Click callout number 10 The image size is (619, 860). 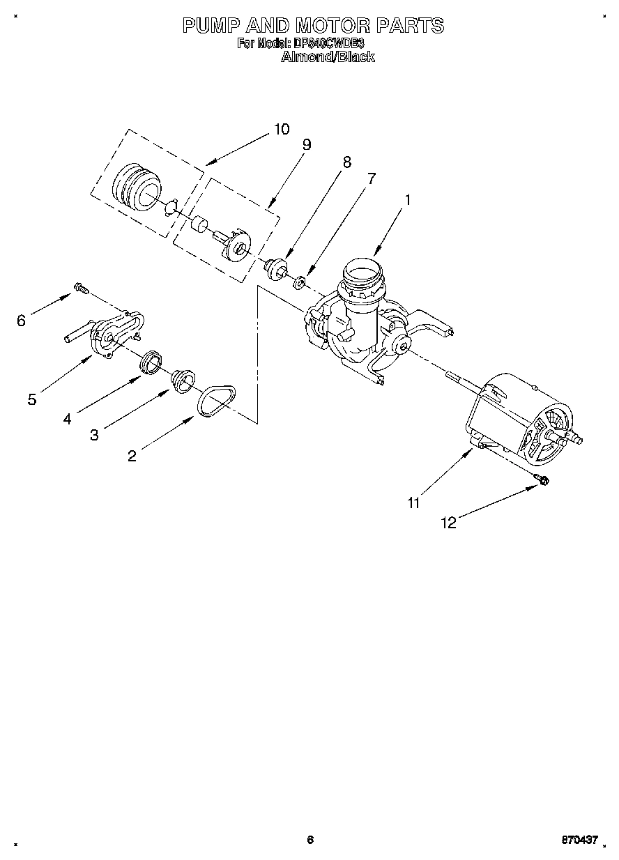(x=281, y=129)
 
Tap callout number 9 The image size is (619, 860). (x=306, y=145)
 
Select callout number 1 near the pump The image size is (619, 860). (x=408, y=199)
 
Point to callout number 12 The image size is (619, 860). (x=450, y=523)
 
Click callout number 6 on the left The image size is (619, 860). (x=22, y=321)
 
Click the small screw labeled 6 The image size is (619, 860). (x=79, y=287)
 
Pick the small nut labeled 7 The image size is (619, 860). (x=299, y=282)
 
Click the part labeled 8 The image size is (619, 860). (x=277, y=268)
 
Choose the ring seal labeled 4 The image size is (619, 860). (x=151, y=363)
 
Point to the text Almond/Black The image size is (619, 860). (x=328, y=57)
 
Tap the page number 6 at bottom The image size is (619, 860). (x=310, y=840)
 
